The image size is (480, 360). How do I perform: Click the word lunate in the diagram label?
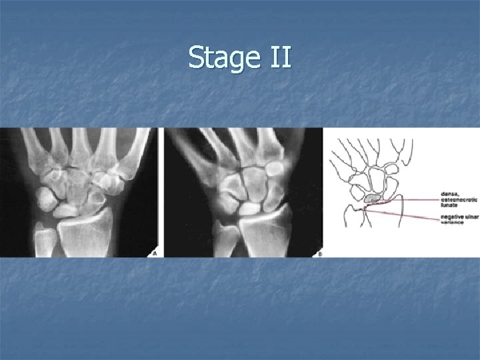[x=449, y=207]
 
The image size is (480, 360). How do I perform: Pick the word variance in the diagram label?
[x=451, y=223]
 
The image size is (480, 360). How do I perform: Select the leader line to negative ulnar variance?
[x=407, y=214]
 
